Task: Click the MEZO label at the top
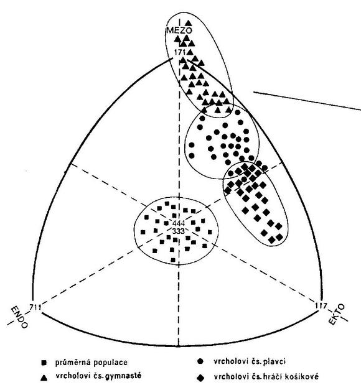(179, 30)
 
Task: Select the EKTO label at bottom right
(337, 314)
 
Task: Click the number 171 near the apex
(180, 52)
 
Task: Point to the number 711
(35, 307)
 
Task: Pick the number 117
(321, 305)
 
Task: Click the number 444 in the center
(178, 223)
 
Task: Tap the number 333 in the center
(178, 231)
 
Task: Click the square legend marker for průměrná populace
(44, 363)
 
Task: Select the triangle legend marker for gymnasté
(44, 378)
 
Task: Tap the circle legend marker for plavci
(200, 361)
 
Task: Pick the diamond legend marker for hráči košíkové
(200, 378)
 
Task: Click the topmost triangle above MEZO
(189, 22)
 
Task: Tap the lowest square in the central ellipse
(173, 260)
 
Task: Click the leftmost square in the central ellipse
(143, 232)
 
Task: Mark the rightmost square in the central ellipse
(210, 232)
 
